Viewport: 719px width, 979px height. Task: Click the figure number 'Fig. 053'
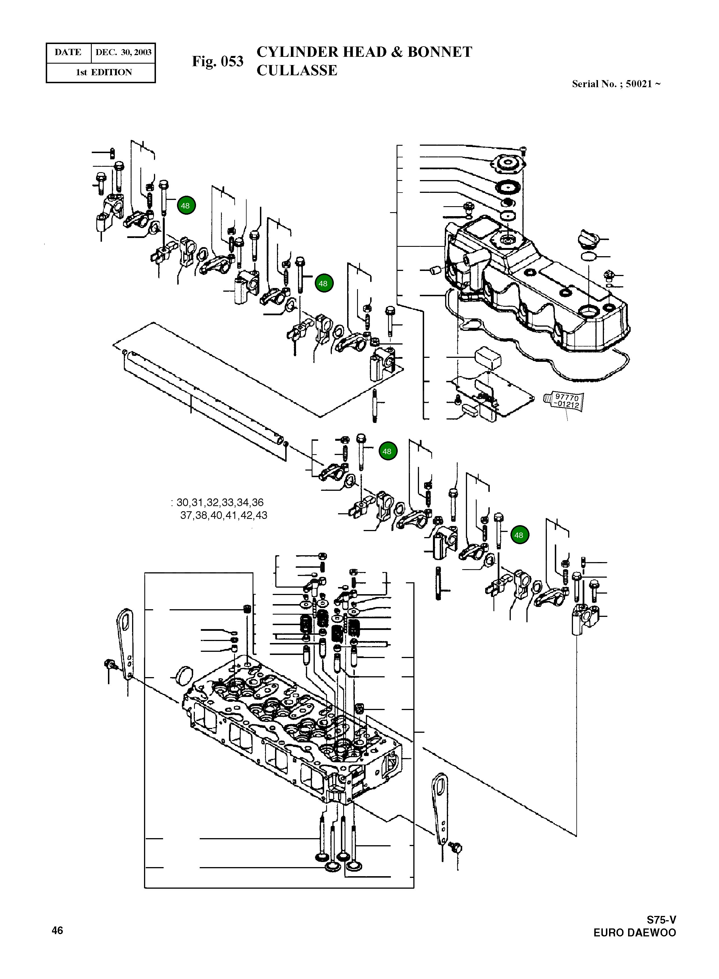[218, 61]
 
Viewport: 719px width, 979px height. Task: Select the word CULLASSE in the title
[297, 70]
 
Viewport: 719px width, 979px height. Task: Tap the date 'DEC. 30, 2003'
[123, 53]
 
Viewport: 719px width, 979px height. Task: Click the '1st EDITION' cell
[104, 72]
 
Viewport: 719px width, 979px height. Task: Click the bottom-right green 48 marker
[519, 535]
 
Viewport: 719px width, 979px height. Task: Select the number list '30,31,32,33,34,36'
[220, 502]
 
